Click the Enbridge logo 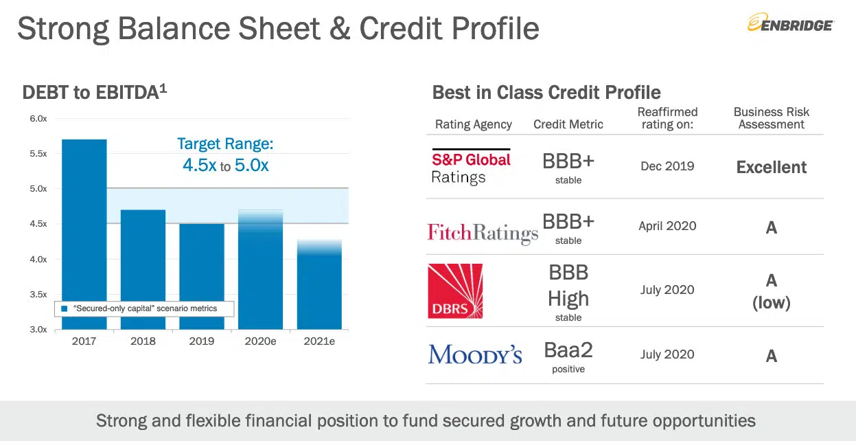pos(790,23)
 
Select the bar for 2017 pos(84,234)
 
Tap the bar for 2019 pos(202,276)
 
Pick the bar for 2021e pos(319,284)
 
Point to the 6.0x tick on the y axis pos(38,119)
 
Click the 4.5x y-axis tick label pos(38,224)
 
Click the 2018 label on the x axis pos(143,341)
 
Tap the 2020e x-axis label pos(260,341)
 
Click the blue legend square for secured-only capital pos(65,308)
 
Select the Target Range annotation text pos(225,155)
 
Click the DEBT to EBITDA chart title pos(95,92)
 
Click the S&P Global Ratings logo pos(471,167)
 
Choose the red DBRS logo pos(455,291)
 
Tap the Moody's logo pos(474,354)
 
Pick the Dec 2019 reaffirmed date pos(667,166)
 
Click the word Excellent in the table pos(771,167)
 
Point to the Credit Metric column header pos(568,124)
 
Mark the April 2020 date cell pos(667,226)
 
